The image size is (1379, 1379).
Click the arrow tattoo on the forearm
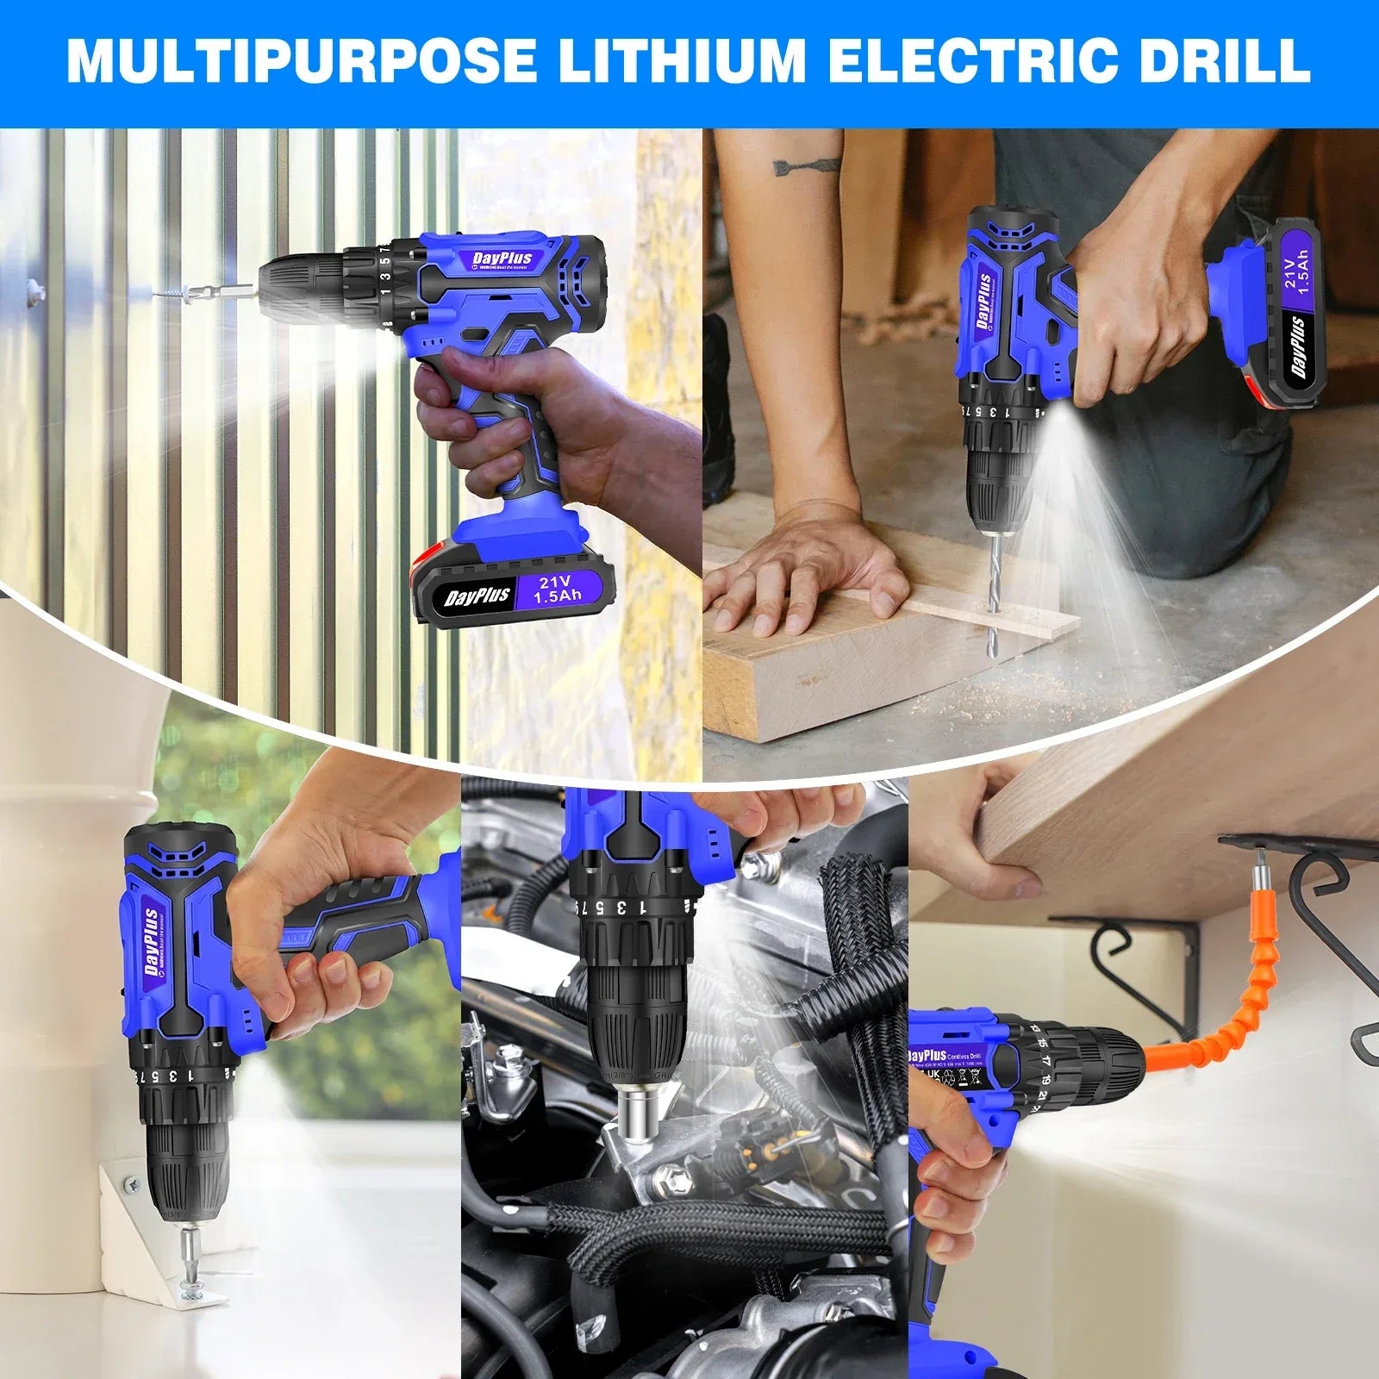click(806, 165)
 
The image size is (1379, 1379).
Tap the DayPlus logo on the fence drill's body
click(502, 259)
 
